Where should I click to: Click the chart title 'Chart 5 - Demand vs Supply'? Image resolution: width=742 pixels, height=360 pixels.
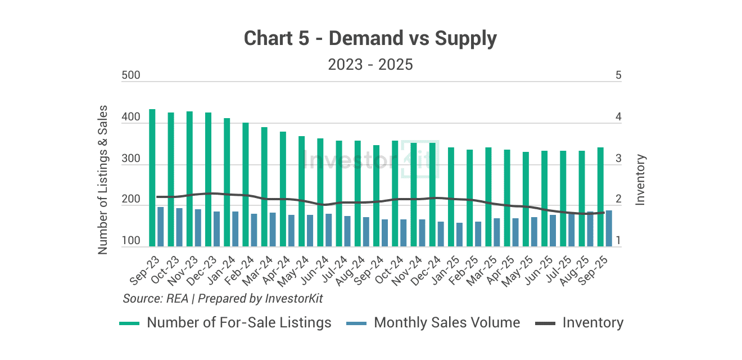(370, 39)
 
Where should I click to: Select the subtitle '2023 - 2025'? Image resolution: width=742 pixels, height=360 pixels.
(370, 65)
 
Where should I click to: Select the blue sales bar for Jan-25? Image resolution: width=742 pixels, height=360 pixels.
(459, 235)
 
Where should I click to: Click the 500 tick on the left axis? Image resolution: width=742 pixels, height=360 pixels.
(130, 76)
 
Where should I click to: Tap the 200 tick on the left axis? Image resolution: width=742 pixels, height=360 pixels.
(130, 200)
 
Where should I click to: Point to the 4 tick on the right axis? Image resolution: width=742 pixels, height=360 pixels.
(618, 118)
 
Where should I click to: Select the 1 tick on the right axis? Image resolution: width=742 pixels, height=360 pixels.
(618, 241)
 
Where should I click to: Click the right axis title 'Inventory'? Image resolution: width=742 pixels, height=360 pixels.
(640, 179)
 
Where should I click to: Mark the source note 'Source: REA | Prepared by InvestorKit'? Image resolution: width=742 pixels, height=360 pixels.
(223, 299)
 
